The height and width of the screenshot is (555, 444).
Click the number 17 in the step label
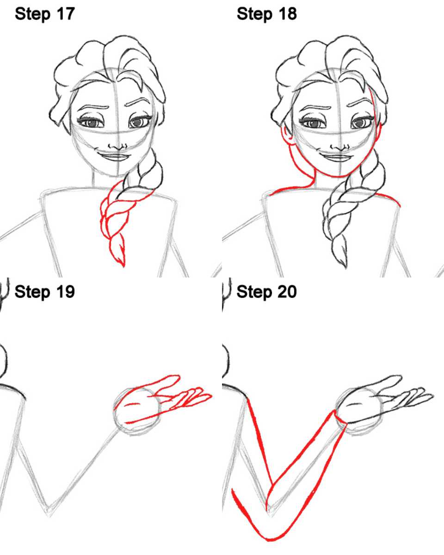(x=66, y=14)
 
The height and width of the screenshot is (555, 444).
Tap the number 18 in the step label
(x=288, y=14)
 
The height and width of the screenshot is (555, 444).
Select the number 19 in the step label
(x=66, y=292)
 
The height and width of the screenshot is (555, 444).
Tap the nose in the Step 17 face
(x=117, y=147)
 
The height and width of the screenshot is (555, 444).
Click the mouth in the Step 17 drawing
(x=111, y=156)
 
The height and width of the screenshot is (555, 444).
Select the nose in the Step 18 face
(x=340, y=148)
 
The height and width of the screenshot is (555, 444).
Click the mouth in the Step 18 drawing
(x=333, y=157)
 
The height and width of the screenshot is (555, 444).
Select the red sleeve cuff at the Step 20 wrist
(x=340, y=417)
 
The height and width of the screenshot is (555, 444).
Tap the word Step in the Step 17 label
(x=32, y=15)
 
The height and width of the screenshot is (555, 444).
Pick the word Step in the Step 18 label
(x=254, y=15)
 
